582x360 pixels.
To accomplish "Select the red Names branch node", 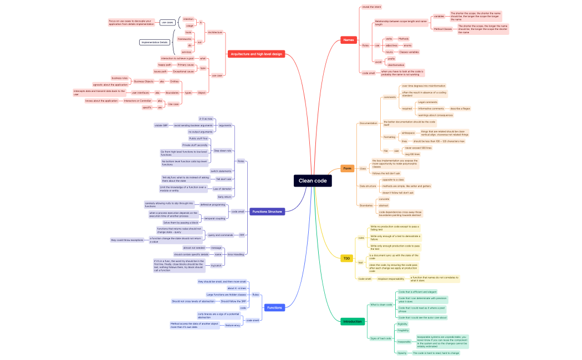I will [349, 40].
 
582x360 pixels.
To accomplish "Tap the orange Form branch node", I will [347, 168].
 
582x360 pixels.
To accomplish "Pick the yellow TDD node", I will [347, 258].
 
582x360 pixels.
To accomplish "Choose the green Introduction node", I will [352, 321].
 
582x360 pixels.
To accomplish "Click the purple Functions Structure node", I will [268, 212].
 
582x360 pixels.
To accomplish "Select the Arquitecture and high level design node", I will [257, 54].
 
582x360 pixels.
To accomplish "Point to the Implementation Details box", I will [155, 42].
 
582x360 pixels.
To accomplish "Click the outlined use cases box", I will [167, 23].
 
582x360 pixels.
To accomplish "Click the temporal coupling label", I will [215, 218].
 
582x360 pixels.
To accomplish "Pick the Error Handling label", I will [236, 254].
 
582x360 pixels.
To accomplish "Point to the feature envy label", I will [233, 325].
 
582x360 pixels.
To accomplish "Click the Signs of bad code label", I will [380, 338].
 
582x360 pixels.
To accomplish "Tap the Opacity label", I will [402, 353].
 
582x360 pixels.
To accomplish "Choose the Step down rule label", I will [223, 151].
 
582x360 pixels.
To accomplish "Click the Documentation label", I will [368, 123].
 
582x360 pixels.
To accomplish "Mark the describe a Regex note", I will [460, 109].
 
